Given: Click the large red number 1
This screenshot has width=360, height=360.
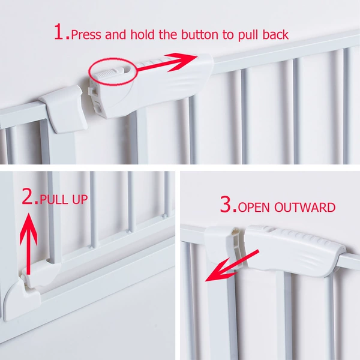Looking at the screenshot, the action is point(59,32).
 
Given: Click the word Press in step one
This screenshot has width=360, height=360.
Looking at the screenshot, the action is point(86,34).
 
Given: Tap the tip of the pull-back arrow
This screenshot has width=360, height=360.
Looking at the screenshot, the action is point(197,55).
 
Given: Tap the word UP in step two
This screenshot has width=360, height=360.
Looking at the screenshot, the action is point(80,199).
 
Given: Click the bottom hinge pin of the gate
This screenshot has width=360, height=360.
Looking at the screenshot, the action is point(26,281).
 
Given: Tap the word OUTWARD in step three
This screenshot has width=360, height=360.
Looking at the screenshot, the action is point(305,207).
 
